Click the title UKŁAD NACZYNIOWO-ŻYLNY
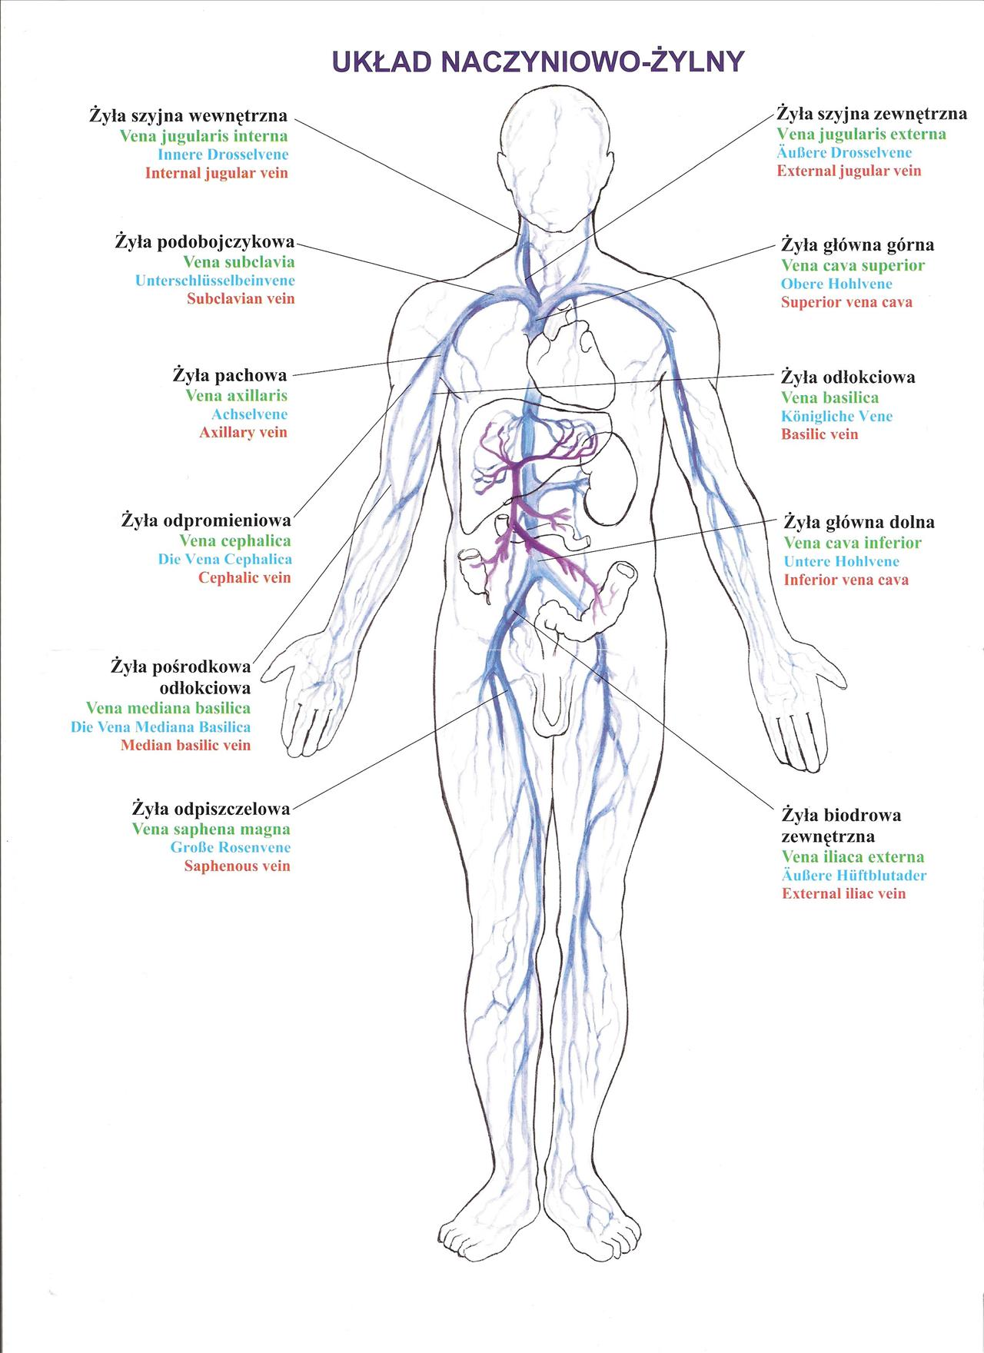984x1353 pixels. (537, 61)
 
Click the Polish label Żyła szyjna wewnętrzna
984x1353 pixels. (188, 116)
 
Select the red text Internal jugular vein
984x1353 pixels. (217, 173)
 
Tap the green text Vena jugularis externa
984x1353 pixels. (861, 135)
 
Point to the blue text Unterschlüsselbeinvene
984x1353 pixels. (215, 281)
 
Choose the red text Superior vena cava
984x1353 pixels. (847, 302)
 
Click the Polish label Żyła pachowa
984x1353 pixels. (230, 376)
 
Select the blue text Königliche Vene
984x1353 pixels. (837, 416)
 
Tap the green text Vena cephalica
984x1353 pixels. (235, 541)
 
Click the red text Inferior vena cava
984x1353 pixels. (846, 580)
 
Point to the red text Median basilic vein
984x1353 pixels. (185, 745)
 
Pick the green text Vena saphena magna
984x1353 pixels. (211, 829)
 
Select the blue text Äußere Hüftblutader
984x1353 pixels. (854, 876)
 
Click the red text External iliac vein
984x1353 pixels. (844, 894)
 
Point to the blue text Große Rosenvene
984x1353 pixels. (231, 848)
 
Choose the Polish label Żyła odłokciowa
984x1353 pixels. (848, 377)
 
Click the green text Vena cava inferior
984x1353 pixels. (853, 543)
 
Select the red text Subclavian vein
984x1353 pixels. (241, 299)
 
